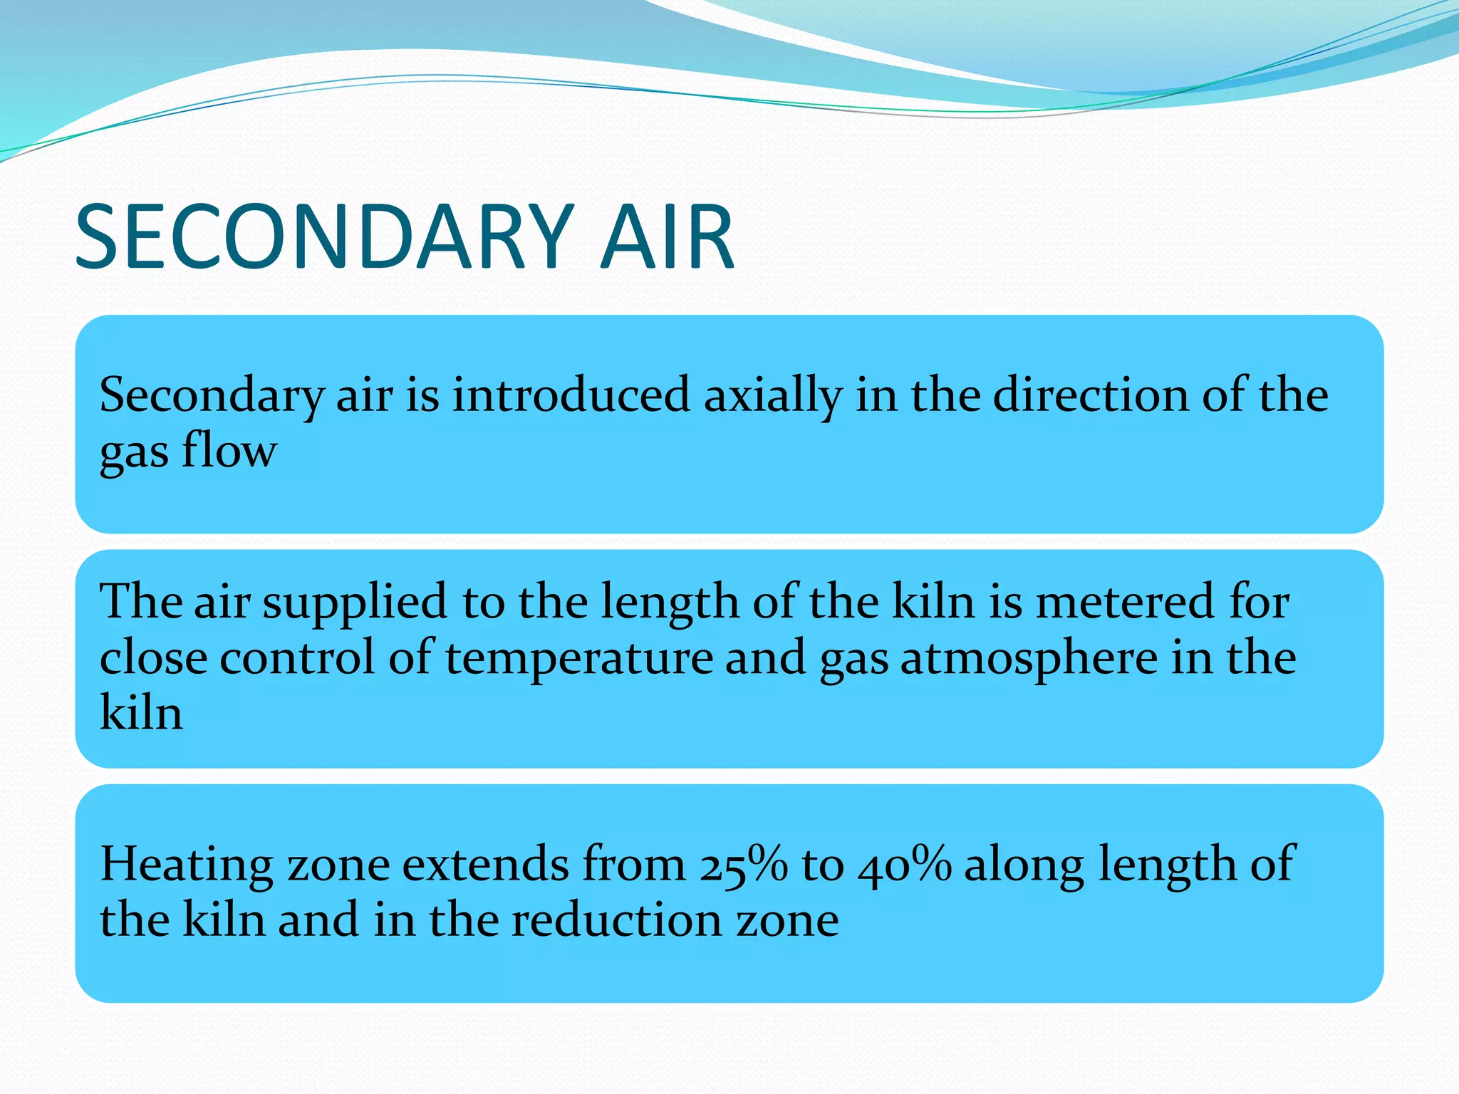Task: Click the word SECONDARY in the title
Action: pos(324,237)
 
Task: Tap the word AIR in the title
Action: pos(667,237)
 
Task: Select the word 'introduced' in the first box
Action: pos(571,395)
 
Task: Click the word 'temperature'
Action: pos(578,657)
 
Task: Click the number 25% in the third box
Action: pos(743,865)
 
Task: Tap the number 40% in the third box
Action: pos(905,865)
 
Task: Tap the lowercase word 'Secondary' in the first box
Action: pos(212,397)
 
